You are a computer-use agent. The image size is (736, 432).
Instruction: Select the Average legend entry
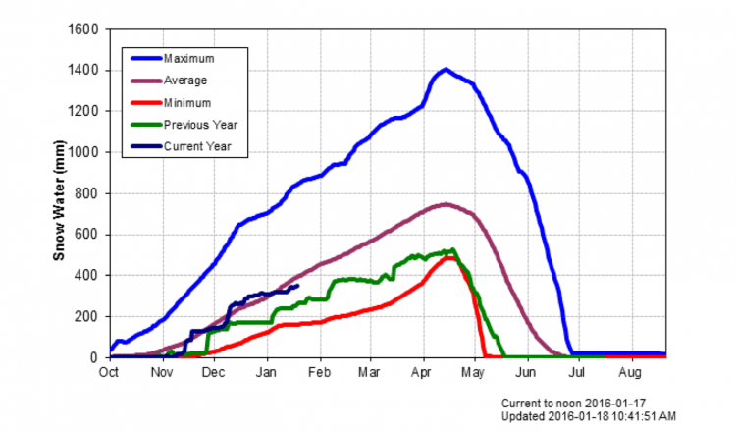pyautogui.click(x=183, y=81)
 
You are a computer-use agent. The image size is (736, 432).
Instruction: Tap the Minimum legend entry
pyautogui.click(x=184, y=103)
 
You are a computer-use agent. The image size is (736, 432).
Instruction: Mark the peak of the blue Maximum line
pyautogui.click(x=446, y=69)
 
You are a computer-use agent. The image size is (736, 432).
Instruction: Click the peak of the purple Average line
pyautogui.click(x=446, y=204)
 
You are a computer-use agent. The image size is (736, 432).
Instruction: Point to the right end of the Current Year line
pyautogui.click(x=297, y=286)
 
